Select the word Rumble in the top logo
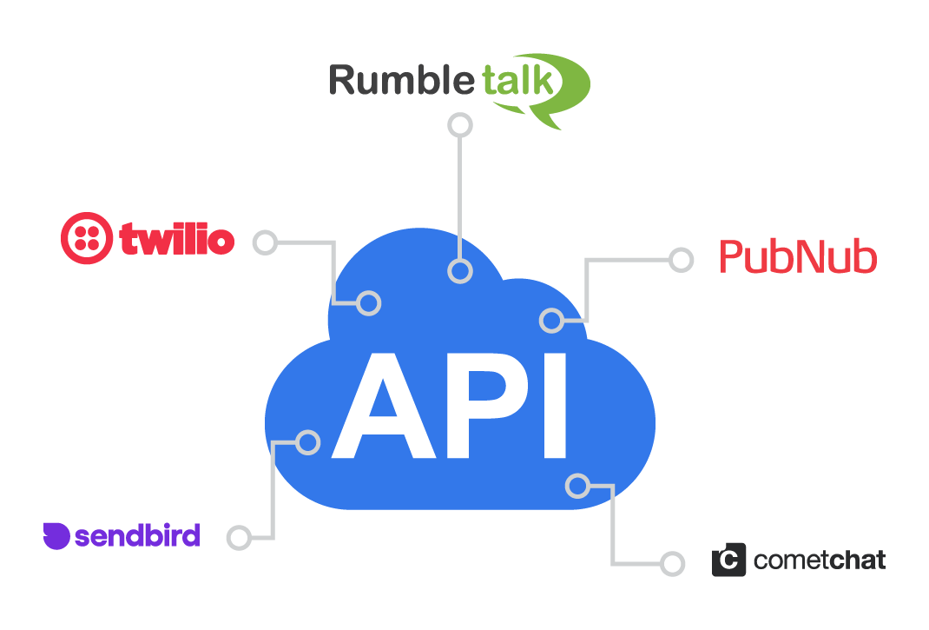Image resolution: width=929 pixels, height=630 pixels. pos(402,81)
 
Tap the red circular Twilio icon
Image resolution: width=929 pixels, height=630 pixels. pos(87,238)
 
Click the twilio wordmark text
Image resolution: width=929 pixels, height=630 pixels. pos(177,239)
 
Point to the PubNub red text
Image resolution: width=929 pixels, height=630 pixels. pos(798,257)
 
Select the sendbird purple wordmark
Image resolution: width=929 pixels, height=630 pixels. pos(137,536)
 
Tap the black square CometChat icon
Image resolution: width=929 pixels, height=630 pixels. pos(728,560)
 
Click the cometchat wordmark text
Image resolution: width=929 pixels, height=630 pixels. pos(820,560)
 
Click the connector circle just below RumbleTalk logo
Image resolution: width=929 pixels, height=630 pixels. pos(459,125)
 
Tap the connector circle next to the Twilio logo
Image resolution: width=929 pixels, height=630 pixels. pos(266,242)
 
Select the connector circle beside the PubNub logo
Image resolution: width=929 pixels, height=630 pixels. pos(682,259)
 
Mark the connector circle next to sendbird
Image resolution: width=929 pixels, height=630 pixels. pos(239,538)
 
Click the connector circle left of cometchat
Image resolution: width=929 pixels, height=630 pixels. pos(672,563)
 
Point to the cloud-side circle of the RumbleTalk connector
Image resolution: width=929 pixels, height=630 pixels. pos(459,271)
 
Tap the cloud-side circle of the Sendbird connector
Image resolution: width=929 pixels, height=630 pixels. pos(308,442)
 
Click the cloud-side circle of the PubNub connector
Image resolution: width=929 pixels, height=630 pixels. pos(551,321)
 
